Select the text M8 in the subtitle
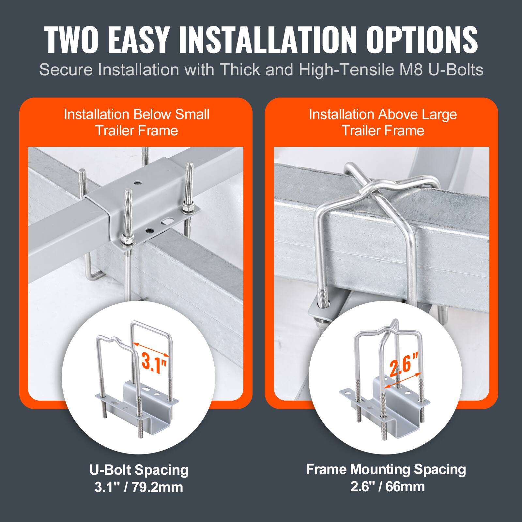click(x=409, y=70)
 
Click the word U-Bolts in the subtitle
click(x=453, y=70)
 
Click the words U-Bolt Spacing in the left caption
click(x=139, y=470)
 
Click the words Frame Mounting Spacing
click(x=386, y=469)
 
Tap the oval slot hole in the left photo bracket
click(x=167, y=222)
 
